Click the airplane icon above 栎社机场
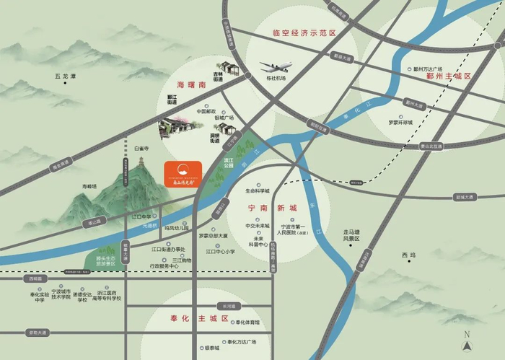pos(276,66)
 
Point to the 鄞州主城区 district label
pos(448,76)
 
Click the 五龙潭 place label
pos(65,76)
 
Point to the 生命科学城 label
pos(257,191)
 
